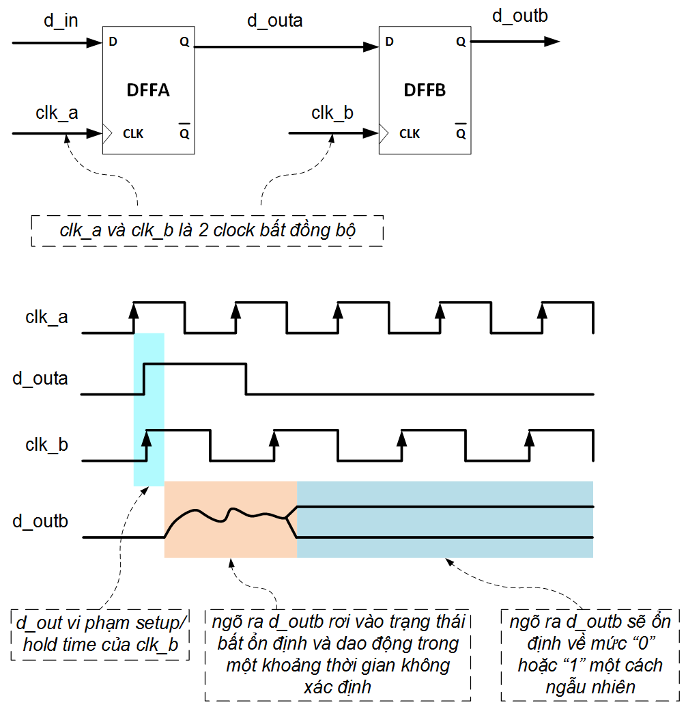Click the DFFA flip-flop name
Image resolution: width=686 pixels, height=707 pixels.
pyautogui.click(x=148, y=90)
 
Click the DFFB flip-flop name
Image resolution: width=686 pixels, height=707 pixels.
pyautogui.click(x=425, y=90)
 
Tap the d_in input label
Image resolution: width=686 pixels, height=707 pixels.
pyautogui.click(x=61, y=20)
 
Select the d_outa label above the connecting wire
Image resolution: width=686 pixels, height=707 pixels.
pyautogui.click(x=274, y=20)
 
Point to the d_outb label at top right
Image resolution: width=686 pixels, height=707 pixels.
pyautogui.click(x=519, y=16)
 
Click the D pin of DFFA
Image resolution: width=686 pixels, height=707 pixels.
pyautogui.click(x=113, y=42)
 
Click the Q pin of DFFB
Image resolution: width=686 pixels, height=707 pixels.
pyautogui.click(x=461, y=42)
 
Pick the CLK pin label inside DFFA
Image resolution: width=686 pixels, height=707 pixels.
pyautogui.click(x=133, y=133)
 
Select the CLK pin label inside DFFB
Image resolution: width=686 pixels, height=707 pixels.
pyautogui.click(x=410, y=133)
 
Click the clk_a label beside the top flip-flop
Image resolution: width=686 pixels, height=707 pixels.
pyautogui.click(x=57, y=113)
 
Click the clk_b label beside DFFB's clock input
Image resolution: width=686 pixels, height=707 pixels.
pyautogui.click(x=332, y=113)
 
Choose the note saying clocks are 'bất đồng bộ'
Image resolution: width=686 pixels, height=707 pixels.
pyautogui.click(x=208, y=230)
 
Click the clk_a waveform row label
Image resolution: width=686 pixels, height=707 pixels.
pyautogui.click(x=46, y=317)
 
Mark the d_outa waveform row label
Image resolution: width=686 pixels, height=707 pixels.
pyautogui.click(x=40, y=378)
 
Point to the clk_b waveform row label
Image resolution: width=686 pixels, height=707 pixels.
pyautogui.click(x=46, y=445)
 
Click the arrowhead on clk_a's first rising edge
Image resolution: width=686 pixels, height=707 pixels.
pyautogui.click(x=134, y=309)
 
